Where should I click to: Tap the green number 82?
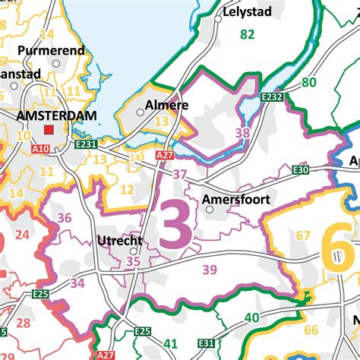(x=247, y=34)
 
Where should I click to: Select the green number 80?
(x=308, y=82)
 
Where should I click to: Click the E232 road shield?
(x=274, y=96)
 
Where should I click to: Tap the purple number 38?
(x=242, y=132)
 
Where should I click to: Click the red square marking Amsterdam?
(x=49, y=130)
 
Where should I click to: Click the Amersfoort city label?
(x=236, y=201)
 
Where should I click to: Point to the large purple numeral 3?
(x=176, y=223)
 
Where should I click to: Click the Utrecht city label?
(x=120, y=241)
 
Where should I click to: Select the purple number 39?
(x=210, y=269)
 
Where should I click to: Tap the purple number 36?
(x=65, y=218)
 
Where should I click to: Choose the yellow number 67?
(x=303, y=235)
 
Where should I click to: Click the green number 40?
(x=252, y=317)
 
